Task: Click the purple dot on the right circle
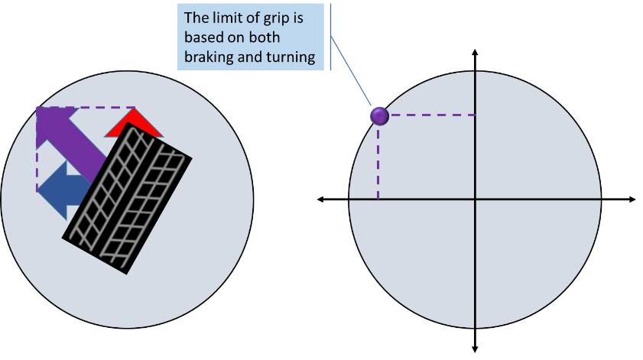[x=379, y=116]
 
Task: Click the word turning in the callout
[x=291, y=57]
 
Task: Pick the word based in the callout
[x=203, y=37]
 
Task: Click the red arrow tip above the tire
[x=135, y=122]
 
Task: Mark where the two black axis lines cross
[x=476, y=199]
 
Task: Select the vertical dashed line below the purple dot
[x=378, y=161]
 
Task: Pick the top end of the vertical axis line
[x=476, y=73]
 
